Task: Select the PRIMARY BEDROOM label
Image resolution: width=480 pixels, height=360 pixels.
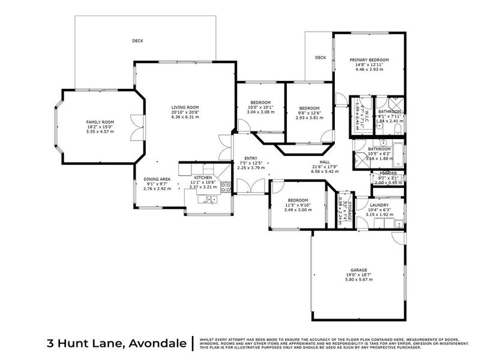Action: point(370,60)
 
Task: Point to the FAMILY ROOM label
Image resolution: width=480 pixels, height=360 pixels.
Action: point(100,122)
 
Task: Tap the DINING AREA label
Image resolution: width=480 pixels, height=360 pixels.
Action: point(157,179)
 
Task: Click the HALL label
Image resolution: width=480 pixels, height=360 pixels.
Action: point(325,161)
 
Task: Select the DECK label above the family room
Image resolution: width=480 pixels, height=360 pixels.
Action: point(138,41)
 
